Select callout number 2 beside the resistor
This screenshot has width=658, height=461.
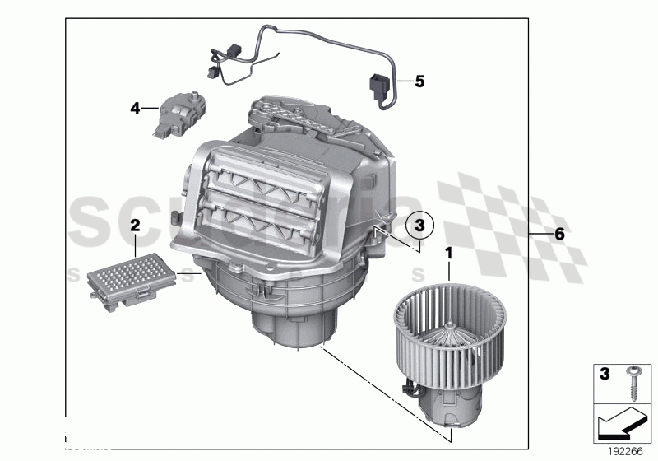tap(135, 224)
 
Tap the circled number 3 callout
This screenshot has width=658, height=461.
tap(419, 224)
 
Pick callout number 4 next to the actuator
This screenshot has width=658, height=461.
tap(135, 107)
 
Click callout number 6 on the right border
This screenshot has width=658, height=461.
tap(558, 234)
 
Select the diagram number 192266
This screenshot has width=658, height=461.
tap(627, 451)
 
